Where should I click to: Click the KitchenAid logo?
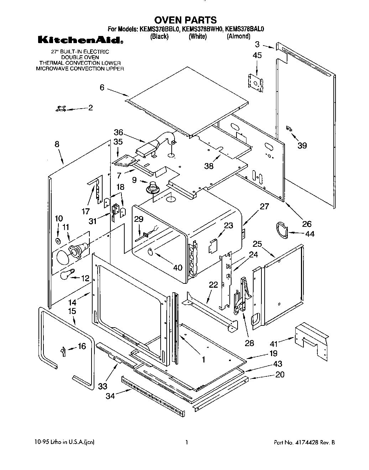point(80,41)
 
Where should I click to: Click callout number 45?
point(257,55)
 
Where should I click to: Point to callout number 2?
point(90,108)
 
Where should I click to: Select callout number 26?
point(306,224)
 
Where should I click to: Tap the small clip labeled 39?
point(289,129)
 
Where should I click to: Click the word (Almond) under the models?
point(238,36)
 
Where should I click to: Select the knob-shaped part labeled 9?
point(154,187)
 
